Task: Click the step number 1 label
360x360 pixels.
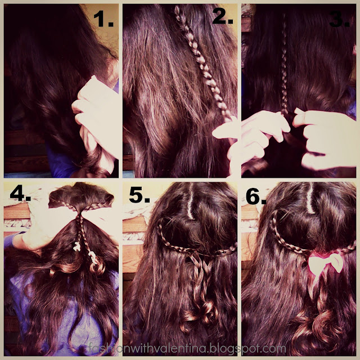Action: pyautogui.click(x=103, y=19)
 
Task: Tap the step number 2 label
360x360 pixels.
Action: pyautogui.click(x=223, y=16)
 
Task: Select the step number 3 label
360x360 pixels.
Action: pyautogui.click(x=339, y=19)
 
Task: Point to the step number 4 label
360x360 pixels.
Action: pyautogui.click(x=20, y=193)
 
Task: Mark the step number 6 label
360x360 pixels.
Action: pyautogui.click(x=256, y=196)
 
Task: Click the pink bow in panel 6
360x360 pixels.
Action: pyautogui.click(x=326, y=262)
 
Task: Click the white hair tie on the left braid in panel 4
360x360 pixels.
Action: pyautogui.click(x=77, y=247)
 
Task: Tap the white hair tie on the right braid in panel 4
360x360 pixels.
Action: pyautogui.click(x=93, y=256)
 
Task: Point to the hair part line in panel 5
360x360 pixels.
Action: pyautogui.click(x=190, y=202)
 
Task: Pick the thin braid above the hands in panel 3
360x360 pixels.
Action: pyautogui.click(x=284, y=66)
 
